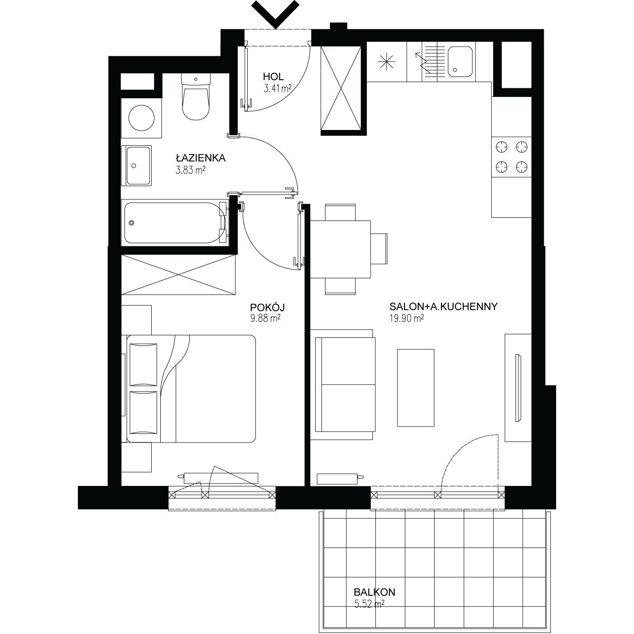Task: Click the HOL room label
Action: click(273, 77)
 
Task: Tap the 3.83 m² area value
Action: click(191, 170)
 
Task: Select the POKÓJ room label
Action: click(268, 307)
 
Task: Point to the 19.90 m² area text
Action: click(407, 318)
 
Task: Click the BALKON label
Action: click(375, 592)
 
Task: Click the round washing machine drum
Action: click(141, 118)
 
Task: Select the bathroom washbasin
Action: click(137, 165)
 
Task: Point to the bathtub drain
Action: click(132, 223)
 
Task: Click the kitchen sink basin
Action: click(460, 62)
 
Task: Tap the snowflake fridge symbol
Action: click(387, 62)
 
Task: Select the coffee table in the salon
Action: click(416, 388)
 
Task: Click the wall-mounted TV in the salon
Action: click(518, 388)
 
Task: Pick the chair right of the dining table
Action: click(379, 249)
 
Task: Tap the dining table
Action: click(341, 249)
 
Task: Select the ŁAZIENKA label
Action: click(201, 158)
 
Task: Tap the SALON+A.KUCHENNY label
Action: click(443, 306)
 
